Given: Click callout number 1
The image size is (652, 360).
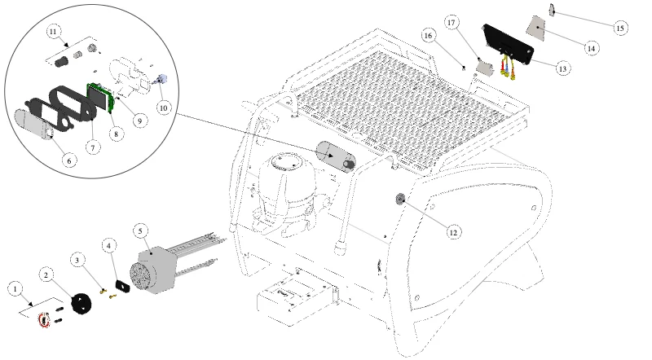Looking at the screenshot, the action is coord(15,289).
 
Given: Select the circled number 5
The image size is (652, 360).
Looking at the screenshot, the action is coord(140,231).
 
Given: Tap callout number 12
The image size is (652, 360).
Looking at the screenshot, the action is coord(453,232).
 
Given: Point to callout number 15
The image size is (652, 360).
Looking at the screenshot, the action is coord(620,29).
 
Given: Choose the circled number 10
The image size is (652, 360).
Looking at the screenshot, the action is coord(164,108).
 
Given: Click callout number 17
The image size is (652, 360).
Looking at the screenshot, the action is coord(452,23).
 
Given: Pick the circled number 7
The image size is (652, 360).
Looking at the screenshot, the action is coord(93,147).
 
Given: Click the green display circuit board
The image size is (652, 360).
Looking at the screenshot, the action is coord(100,97).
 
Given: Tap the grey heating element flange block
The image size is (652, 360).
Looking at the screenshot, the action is coord(154,270).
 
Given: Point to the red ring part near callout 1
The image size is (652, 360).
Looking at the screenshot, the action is coord(44,319).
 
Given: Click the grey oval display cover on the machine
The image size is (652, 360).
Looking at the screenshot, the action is coord(336,156).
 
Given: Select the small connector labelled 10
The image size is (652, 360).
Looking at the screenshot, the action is coord(161,79).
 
